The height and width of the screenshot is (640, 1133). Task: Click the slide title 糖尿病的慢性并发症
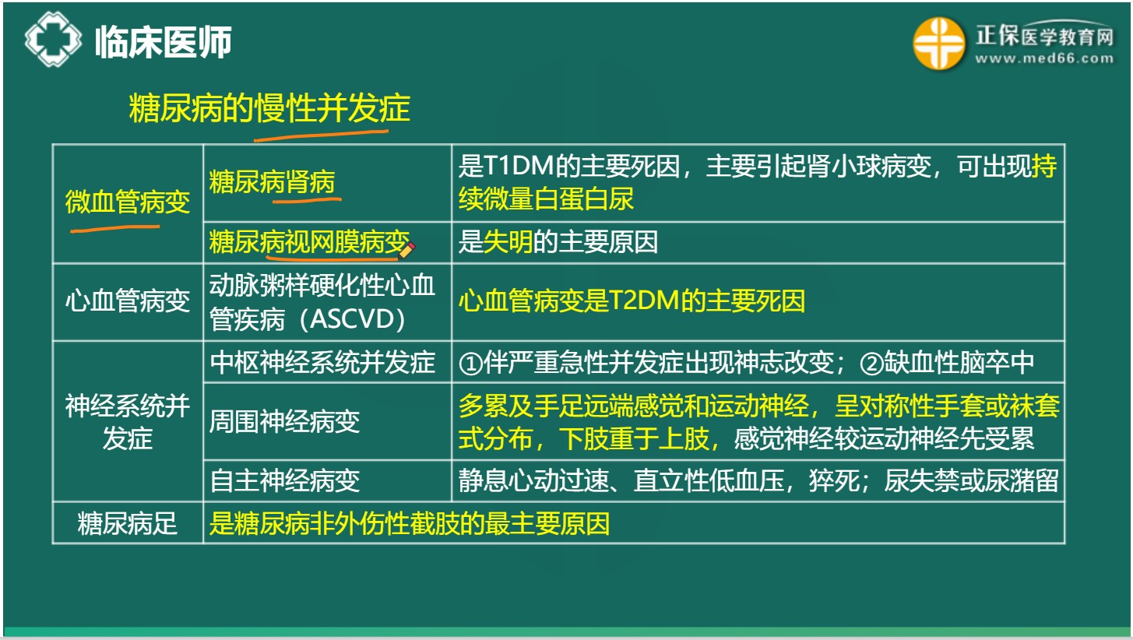click(x=269, y=108)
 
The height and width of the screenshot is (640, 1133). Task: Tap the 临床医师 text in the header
click(x=163, y=42)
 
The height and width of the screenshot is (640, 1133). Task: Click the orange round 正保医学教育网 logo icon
click(x=938, y=44)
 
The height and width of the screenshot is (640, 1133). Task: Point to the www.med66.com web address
click(x=1044, y=58)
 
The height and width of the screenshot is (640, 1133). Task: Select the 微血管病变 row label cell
click(x=127, y=203)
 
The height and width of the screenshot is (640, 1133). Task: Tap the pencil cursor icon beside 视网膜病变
click(x=406, y=249)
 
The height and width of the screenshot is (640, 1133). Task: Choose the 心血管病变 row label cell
click(x=127, y=301)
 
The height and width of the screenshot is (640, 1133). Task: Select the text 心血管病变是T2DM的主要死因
click(x=632, y=301)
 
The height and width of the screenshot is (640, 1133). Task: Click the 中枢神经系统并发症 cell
click(x=322, y=362)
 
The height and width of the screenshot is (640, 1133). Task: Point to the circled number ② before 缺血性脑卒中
click(x=871, y=363)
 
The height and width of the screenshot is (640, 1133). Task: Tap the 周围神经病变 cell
click(x=284, y=421)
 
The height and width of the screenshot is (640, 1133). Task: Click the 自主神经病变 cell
click(x=284, y=480)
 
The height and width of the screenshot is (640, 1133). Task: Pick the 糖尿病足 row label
click(x=127, y=523)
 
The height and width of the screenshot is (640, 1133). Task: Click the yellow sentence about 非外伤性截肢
click(x=409, y=523)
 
